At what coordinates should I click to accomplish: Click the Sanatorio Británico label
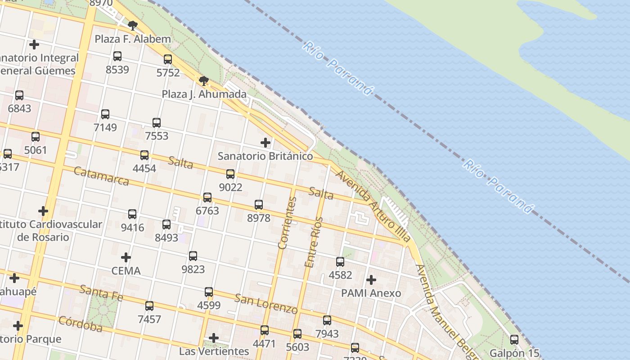265,156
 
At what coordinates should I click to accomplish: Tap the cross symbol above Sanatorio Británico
265,143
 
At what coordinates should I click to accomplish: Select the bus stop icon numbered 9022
230,174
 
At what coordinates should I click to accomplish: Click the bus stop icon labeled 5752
168,59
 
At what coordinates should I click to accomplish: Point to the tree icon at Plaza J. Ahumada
203,81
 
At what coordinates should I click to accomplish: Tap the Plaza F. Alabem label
133,39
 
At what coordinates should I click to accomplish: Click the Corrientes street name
287,223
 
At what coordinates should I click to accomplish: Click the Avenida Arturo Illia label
373,206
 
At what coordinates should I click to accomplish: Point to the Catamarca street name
101,176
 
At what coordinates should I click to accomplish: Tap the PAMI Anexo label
371,293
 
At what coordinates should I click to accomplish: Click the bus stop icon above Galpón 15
514,340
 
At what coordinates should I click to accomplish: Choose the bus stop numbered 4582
340,262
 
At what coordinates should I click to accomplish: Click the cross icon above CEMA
126,257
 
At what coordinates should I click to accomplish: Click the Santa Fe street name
101,292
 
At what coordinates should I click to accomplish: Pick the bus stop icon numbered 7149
105,114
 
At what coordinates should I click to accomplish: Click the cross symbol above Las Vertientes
214,337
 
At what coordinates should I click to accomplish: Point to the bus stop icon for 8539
117,56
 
